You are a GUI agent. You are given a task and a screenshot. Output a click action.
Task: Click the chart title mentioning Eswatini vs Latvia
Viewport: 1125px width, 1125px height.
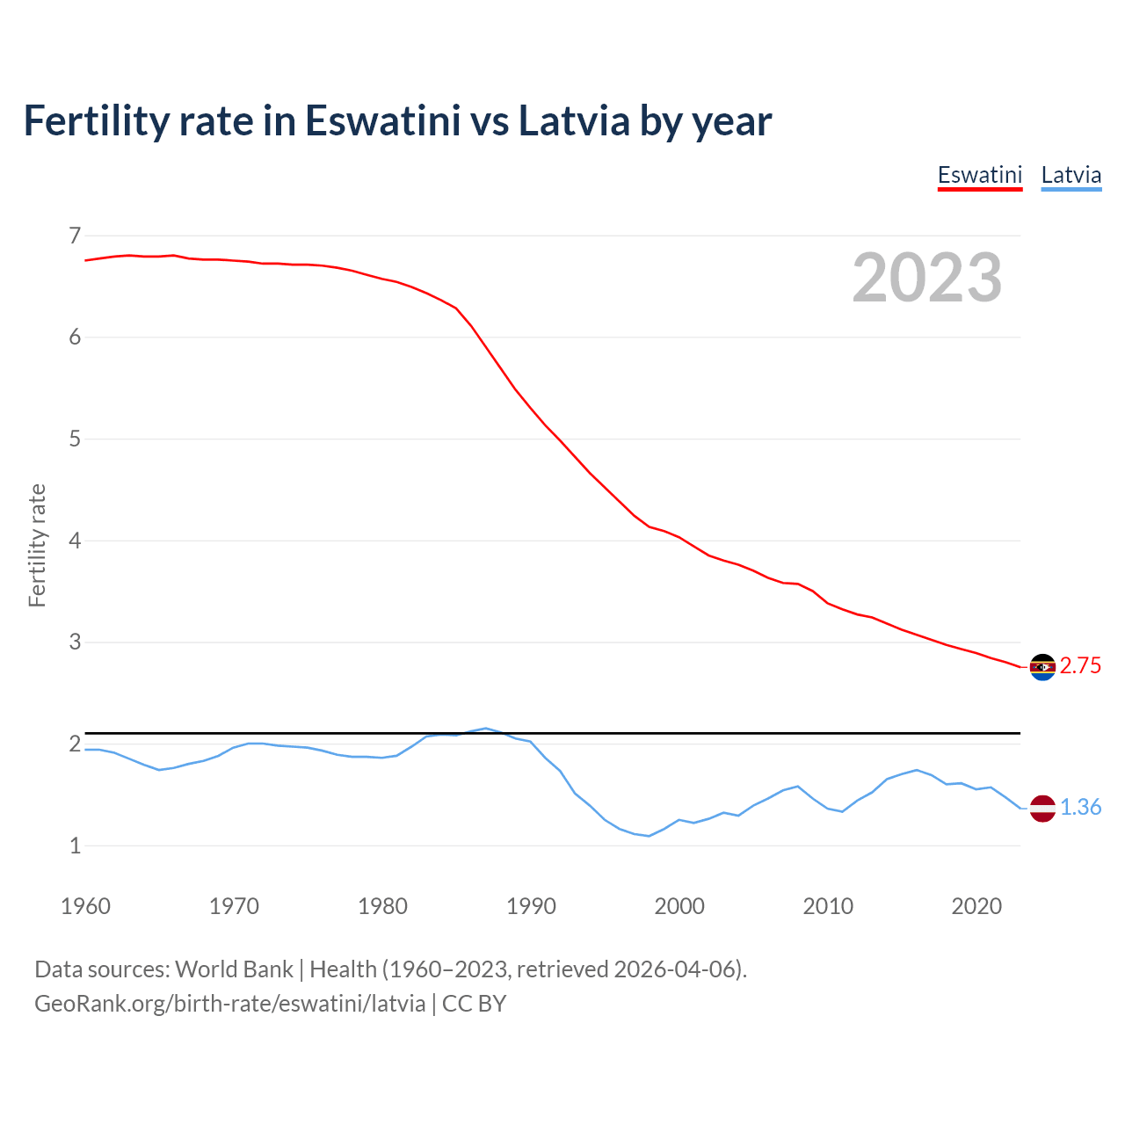397,120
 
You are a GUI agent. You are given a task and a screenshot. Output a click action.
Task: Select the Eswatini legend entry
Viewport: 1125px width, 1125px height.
979,175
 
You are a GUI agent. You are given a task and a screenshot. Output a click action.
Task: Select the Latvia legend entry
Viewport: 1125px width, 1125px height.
1071,175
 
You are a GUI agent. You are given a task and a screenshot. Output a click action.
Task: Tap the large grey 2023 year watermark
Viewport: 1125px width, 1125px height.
926,278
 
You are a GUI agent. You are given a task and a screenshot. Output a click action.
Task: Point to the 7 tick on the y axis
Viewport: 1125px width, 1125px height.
75,236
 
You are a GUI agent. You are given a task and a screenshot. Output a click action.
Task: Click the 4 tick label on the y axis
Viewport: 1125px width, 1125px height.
75,541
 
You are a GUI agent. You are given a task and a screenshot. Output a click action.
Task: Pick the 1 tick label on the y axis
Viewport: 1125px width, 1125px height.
75,846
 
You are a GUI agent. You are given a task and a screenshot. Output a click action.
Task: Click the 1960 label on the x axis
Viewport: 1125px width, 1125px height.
85,906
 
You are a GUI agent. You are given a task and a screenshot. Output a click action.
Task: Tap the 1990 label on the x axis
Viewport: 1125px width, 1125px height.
531,906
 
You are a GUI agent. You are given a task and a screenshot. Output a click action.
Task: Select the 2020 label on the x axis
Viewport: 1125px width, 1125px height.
976,906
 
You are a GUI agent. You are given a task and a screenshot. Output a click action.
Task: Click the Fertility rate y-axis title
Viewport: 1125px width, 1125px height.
37,545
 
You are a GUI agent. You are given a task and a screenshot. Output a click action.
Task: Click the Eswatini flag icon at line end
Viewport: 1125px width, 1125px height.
1042,667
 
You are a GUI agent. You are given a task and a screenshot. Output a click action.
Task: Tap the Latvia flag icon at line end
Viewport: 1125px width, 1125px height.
1042,808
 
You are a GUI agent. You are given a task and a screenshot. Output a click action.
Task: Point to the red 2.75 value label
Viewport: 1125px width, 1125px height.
1080,666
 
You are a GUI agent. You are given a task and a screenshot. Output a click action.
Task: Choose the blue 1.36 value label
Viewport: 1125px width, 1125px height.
1080,808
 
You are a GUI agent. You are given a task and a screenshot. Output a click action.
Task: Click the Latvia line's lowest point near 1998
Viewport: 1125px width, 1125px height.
649,836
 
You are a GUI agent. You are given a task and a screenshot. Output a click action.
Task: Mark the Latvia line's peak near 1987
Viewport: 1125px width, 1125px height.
485,729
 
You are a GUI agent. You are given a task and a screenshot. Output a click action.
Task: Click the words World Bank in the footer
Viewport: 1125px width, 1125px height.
234,969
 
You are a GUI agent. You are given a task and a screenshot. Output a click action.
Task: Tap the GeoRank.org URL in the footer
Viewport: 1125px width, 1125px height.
229,1004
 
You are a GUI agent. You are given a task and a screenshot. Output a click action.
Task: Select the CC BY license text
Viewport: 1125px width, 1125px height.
474,1004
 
